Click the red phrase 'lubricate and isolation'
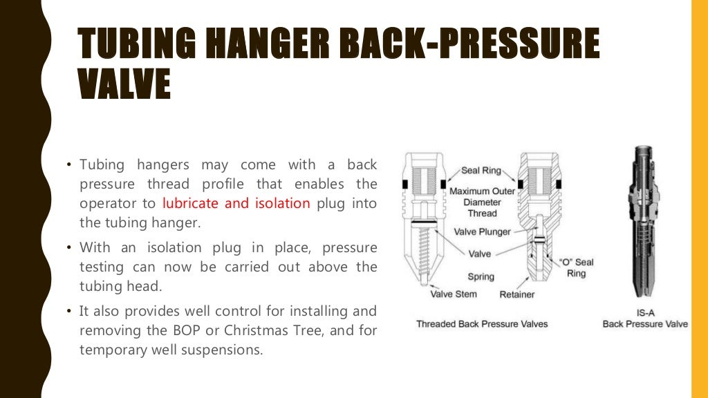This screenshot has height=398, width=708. tap(236, 204)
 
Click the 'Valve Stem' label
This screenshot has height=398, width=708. tap(454, 294)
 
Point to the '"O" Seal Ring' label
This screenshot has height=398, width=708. tap(576, 267)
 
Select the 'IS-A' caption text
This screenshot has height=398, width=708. tap(644, 312)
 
